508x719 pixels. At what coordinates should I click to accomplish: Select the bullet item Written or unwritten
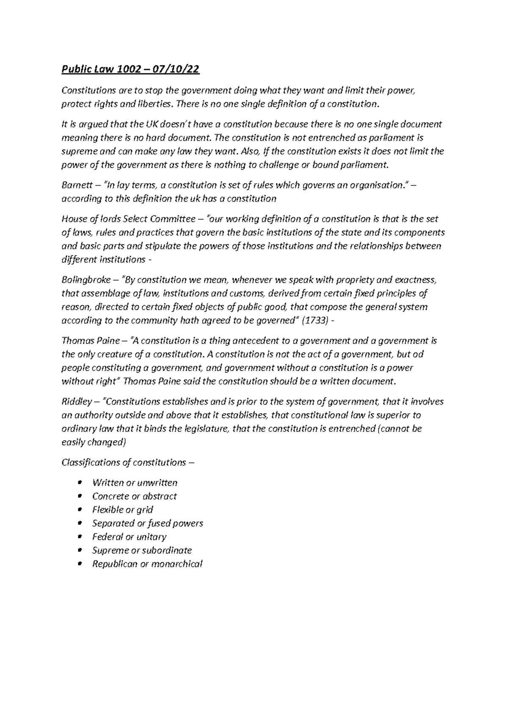coord(135,483)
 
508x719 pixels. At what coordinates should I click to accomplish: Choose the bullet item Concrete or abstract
coord(134,496)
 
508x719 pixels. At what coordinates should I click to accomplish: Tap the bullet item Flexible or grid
coord(122,510)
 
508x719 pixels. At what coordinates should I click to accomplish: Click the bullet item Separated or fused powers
coord(147,523)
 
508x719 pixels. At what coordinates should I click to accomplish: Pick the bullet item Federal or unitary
coord(129,537)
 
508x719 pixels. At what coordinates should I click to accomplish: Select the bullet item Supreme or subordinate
coord(142,550)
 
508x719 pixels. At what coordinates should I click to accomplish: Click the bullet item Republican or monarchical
coord(147,564)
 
